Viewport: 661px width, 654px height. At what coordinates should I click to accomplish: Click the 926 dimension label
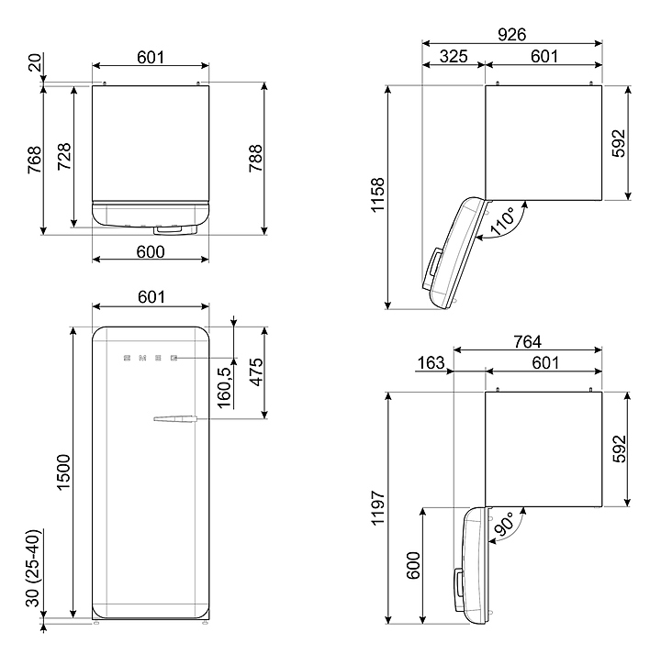(511, 35)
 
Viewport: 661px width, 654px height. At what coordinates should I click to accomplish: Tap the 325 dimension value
(454, 57)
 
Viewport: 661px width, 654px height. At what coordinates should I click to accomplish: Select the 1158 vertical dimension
(378, 194)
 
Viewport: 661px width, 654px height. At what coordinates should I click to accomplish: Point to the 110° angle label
(502, 220)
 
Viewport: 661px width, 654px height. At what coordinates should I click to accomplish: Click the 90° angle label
(504, 524)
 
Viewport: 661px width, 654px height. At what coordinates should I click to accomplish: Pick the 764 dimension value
(527, 341)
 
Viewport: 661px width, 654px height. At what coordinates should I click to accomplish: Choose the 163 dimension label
(431, 362)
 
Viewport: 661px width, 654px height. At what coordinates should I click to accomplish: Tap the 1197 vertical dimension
(378, 507)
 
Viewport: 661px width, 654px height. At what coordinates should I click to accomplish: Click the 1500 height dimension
(63, 471)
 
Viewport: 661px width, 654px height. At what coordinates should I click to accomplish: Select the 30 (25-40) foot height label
(32, 568)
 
